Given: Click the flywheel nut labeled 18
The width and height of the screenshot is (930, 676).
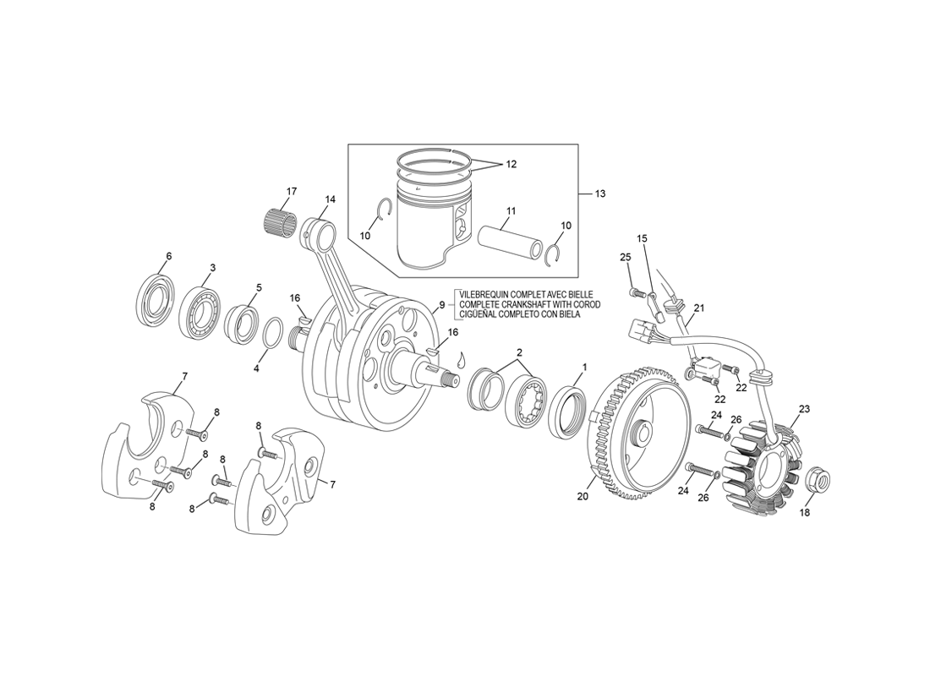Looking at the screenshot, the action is [818, 479].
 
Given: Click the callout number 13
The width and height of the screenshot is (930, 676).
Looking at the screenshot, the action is [600, 194].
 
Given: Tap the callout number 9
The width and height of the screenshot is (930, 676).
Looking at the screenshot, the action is [442, 305].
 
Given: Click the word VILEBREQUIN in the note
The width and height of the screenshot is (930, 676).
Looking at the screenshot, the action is [484, 294].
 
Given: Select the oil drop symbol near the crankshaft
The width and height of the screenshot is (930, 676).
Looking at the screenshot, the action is [462, 360].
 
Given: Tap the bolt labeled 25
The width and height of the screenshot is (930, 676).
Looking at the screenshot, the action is [635, 292].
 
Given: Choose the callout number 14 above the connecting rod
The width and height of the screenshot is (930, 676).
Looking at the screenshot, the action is [330, 199].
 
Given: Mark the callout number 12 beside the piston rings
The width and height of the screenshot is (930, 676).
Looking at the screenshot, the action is [511, 164].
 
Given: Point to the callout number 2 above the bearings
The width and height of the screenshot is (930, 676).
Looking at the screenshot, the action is [520, 352].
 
